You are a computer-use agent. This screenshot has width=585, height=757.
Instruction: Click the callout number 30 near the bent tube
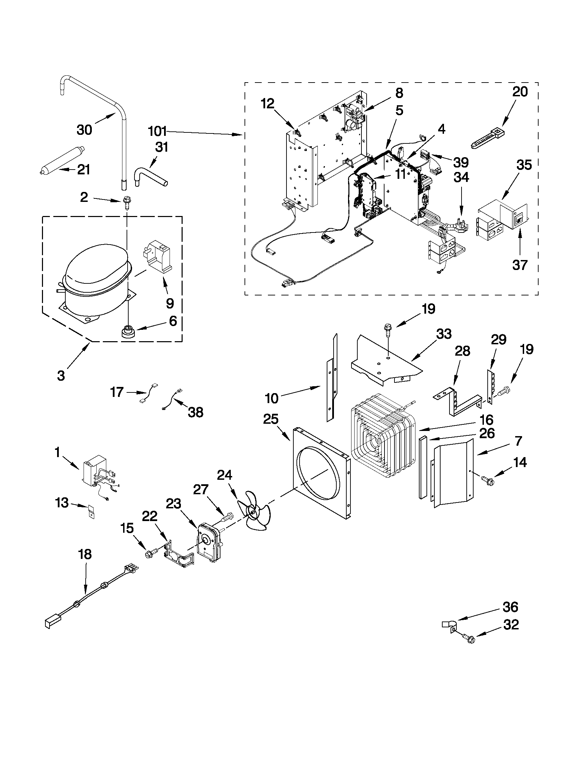pos(84,130)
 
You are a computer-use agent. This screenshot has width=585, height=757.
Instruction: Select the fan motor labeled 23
pos(209,543)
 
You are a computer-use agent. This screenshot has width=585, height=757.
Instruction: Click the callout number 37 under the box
pos(520,265)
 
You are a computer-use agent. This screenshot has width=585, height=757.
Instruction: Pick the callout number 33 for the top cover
pos(444,334)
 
